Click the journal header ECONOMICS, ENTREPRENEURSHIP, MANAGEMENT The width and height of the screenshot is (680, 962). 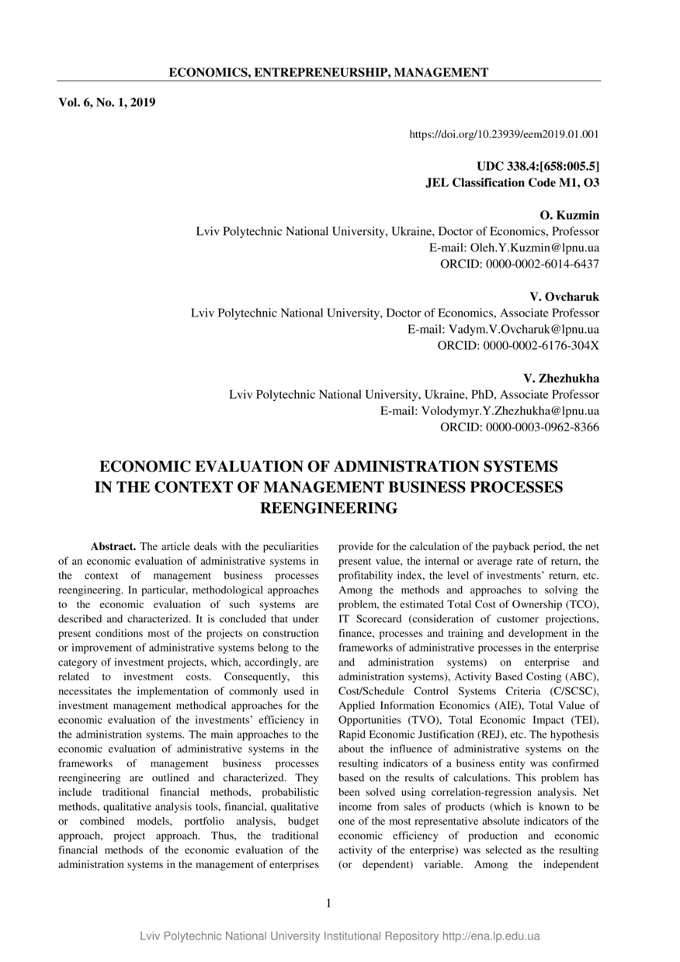tap(328, 72)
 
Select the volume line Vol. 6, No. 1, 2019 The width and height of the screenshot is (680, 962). tap(107, 102)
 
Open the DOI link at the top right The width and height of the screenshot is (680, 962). tap(504, 134)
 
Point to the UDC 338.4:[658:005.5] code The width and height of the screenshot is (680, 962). tap(537, 167)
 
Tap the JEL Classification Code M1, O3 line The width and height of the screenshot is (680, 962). tap(512, 182)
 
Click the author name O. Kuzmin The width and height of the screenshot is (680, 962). tap(569, 215)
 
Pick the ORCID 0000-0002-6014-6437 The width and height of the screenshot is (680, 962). tap(519, 264)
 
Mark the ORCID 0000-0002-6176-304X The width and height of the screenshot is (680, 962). tap(518, 345)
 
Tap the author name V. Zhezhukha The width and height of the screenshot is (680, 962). tap(561, 378)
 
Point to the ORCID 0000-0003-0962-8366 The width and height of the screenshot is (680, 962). tap(519, 427)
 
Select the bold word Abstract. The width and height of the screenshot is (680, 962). tap(113, 547)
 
